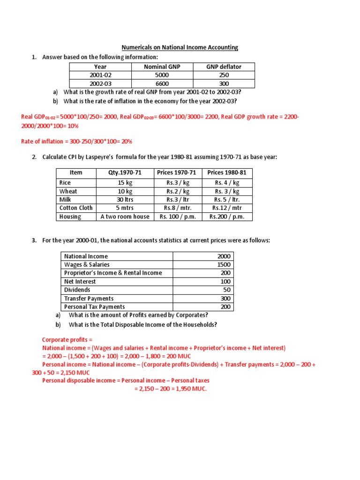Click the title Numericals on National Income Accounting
[180, 47]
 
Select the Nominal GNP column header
[162, 67]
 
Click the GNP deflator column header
[224, 67]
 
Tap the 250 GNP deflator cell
[224, 75]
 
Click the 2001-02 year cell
[101, 75]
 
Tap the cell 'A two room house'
[125, 217]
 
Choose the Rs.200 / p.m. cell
[227, 217]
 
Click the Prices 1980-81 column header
[227, 172]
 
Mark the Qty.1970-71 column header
[125, 172]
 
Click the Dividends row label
[77, 290]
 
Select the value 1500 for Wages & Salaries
[224, 265]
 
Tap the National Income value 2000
[224, 256]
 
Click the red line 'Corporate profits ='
[67, 339]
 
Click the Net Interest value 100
[225, 282]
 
